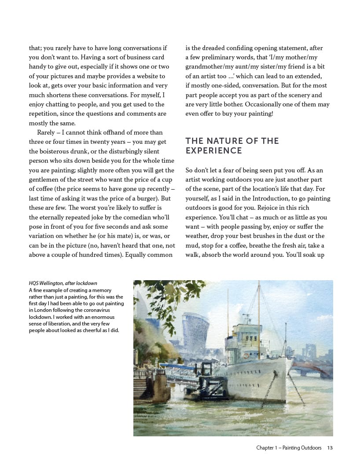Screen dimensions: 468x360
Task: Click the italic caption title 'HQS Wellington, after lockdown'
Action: (62, 283)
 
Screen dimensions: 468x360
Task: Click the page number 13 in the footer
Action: (330, 448)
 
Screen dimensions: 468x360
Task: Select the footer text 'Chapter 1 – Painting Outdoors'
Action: (289, 448)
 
